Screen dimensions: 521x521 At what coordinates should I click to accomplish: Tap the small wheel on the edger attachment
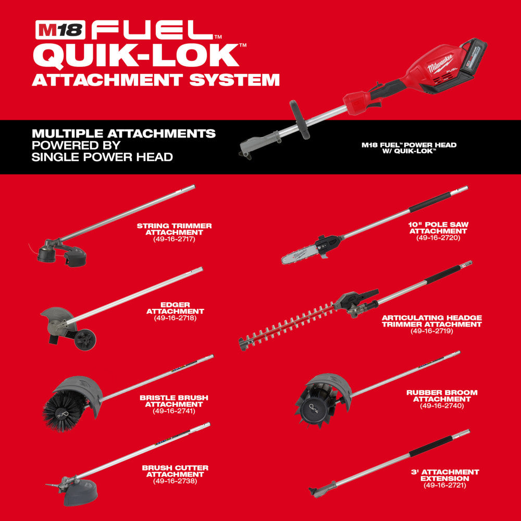click(x=85, y=339)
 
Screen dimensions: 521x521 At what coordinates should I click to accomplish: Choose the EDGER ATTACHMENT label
click(x=175, y=307)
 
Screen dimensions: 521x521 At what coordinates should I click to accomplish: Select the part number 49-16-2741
click(x=174, y=411)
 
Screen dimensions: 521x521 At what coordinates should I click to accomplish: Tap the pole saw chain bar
click(x=302, y=251)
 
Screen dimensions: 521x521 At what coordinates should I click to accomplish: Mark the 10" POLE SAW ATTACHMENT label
click(x=438, y=228)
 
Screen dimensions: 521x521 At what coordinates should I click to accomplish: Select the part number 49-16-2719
click(x=431, y=331)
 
